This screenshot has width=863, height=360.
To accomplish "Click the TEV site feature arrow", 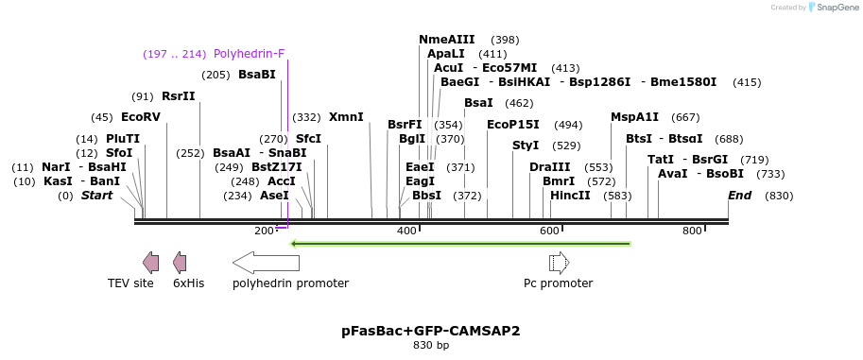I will (150, 263).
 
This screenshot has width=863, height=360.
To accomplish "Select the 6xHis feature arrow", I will (180, 263).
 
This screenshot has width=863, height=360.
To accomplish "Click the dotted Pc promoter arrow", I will (559, 263).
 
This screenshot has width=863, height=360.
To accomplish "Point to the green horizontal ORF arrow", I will (460, 244).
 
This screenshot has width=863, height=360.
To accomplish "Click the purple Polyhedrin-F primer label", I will (249, 54).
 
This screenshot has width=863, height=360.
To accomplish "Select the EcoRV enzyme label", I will (141, 117).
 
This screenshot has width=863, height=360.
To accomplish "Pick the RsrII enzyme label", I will (179, 96).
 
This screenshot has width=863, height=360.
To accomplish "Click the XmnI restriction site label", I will (346, 117).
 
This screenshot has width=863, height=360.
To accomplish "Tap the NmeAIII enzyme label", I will (447, 40).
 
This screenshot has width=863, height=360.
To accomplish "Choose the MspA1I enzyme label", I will (635, 117).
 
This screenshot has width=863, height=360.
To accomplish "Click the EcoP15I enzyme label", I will (513, 124).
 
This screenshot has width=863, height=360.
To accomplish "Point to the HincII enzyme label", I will (570, 196).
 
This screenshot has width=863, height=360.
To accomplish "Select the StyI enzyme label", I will (526, 146).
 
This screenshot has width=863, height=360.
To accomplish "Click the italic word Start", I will (96, 196).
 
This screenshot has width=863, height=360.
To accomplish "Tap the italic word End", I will (739, 196).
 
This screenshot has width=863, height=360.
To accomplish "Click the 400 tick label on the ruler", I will (407, 231).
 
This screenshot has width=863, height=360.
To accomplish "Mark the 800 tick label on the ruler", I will (692, 231).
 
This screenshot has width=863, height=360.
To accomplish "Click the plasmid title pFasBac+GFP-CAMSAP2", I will (431, 332).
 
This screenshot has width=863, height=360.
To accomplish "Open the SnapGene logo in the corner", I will (832, 8).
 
